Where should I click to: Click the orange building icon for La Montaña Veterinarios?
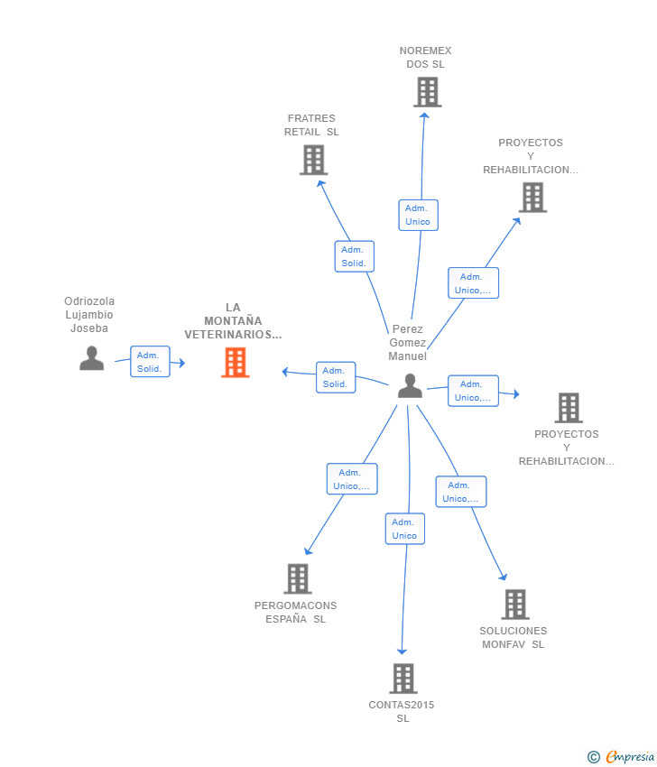pos(236,363)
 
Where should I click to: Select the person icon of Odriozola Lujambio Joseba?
pos(91,358)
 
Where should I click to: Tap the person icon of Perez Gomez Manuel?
pos(410,385)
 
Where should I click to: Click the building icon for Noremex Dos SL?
pos(428,92)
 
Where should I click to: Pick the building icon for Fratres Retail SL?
pos(313,160)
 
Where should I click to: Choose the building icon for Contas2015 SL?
pos(403,679)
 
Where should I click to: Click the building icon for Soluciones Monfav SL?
pos(515,605)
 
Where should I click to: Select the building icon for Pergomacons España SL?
pos(298,579)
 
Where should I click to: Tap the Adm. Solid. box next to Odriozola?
pos(150,362)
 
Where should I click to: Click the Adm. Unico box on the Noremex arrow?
pos(418,215)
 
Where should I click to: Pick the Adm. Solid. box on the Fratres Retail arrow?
pos(354,256)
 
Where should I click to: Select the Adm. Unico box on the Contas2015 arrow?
pos(405,529)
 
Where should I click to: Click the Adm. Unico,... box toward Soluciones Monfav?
pos(461,492)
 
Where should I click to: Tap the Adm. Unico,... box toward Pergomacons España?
pos(352,479)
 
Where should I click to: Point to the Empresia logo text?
pos(630,757)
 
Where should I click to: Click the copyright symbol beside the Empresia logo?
pos(594,757)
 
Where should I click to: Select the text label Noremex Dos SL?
pos(426,57)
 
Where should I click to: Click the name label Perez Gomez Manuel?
pos(408,342)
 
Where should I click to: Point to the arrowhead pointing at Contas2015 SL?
pos(403,651)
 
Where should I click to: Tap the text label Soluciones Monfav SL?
pos(514,637)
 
